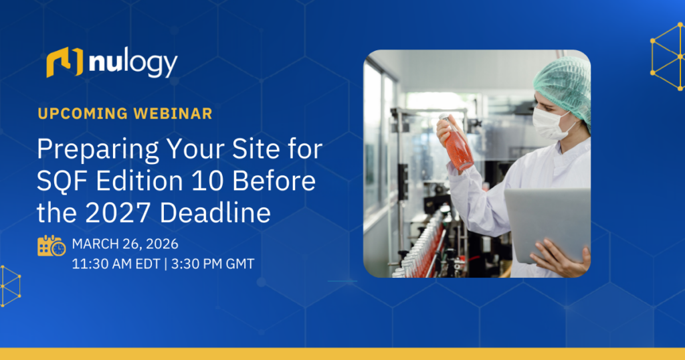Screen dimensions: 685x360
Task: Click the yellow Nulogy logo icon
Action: click(65, 62)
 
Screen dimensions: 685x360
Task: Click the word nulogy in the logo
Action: click(133, 64)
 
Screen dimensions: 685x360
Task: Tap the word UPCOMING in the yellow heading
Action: click(82, 114)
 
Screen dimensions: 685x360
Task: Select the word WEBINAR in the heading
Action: click(173, 114)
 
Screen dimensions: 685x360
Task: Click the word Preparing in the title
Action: click(98, 151)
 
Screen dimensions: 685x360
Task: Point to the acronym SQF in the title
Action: click(63, 181)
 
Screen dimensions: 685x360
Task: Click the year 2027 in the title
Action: click(119, 213)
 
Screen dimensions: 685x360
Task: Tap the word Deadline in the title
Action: click(215, 213)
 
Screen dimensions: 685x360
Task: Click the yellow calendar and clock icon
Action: click(52, 246)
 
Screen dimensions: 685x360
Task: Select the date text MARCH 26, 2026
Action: click(125, 244)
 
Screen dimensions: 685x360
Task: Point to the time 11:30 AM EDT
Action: click(116, 264)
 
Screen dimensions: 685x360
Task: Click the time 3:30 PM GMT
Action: click(213, 264)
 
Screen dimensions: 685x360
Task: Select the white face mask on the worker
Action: click(551, 123)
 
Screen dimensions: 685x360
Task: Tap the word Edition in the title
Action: click(140, 181)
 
